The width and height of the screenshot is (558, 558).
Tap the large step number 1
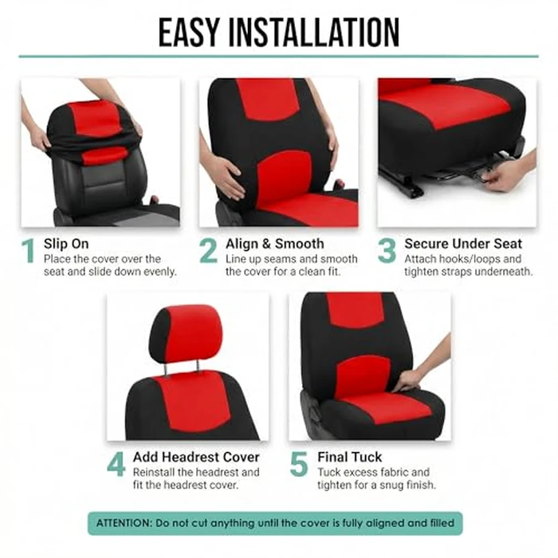point(29,251)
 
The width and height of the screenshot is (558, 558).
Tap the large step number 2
point(208,251)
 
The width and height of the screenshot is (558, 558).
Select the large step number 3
point(387,251)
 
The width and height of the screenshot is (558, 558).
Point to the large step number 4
point(116,465)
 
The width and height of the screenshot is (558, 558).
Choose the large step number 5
point(299,465)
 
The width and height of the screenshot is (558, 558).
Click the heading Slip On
point(66,244)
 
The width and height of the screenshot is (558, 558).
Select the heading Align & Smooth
point(274,244)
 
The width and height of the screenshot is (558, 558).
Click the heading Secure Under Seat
point(463,244)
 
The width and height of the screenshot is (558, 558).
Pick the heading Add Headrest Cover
point(196,458)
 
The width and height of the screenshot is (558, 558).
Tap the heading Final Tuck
point(349,458)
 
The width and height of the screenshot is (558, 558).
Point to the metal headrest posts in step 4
point(183,366)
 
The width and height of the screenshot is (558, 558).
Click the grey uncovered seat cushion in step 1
point(136,216)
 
